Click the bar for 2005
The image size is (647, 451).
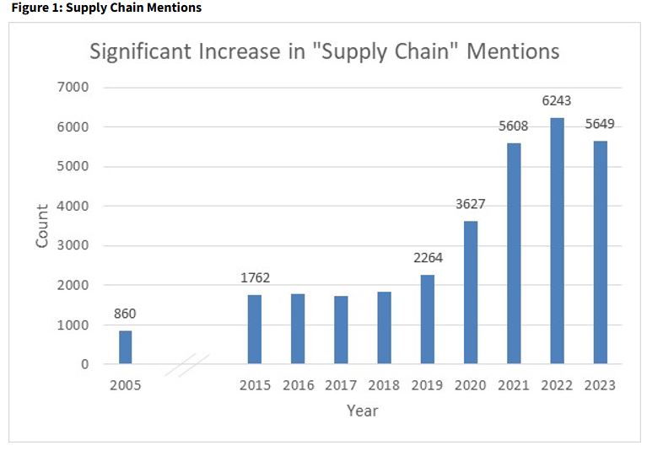[x=125, y=347]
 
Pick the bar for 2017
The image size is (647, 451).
[x=341, y=330]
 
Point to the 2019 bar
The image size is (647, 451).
[x=427, y=319]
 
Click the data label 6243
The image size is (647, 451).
[x=557, y=100]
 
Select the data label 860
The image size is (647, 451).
[x=125, y=314]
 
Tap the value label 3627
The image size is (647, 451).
[x=471, y=204]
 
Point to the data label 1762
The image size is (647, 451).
[x=255, y=277]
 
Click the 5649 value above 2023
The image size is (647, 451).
[x=600, y=124]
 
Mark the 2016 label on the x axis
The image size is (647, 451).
[x=298, y=385]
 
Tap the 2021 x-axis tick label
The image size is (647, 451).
[x=514, y=385]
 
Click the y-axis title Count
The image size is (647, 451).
[x=41, y=226]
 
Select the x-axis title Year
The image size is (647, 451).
[x=362, y=411]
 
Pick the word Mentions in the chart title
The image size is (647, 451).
[x=513, y=51]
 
